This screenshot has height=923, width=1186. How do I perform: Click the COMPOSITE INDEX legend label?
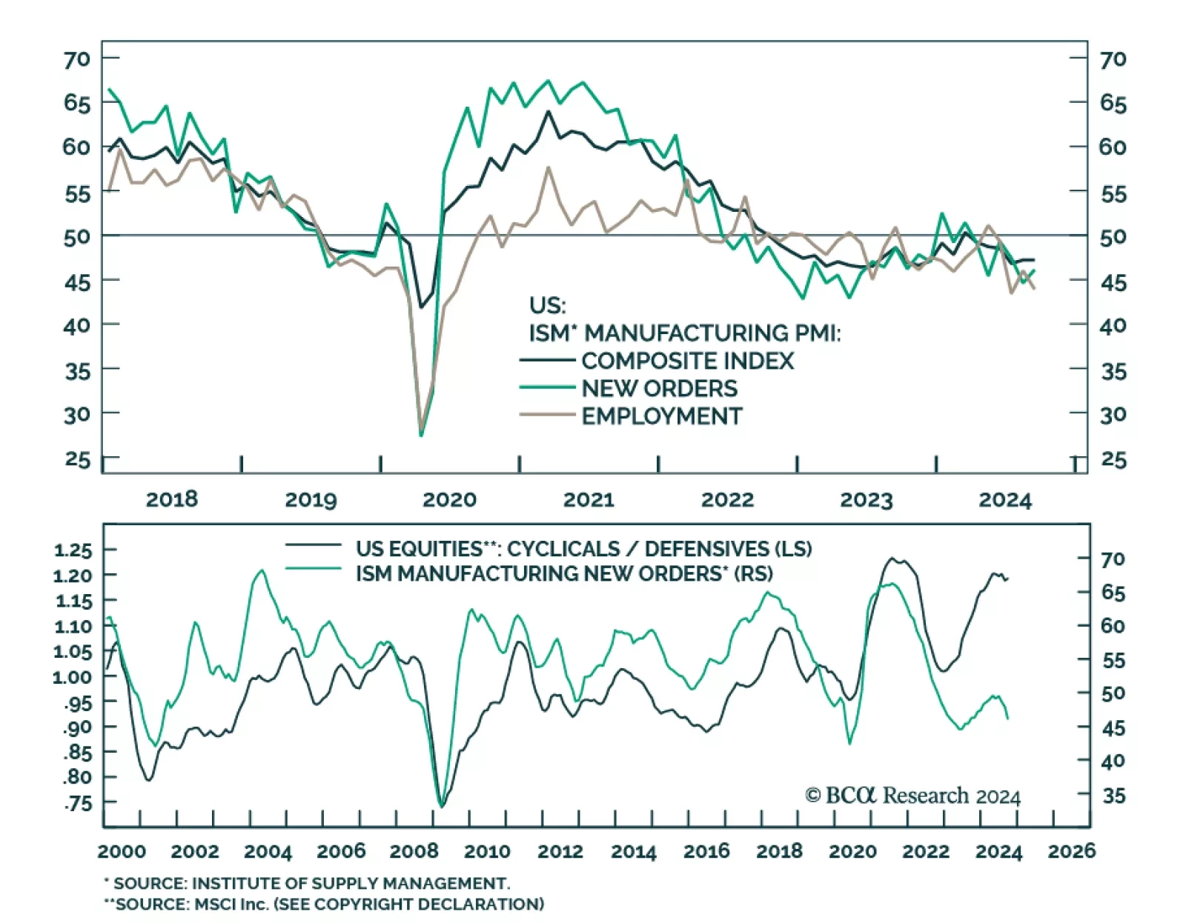coord(687,361)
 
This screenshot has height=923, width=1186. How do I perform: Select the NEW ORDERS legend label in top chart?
coord(659,388)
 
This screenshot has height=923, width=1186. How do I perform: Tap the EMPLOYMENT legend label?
coord(661,416)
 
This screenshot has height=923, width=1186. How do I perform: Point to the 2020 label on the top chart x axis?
coord(449,499)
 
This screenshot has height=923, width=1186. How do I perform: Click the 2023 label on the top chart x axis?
coord(866,499)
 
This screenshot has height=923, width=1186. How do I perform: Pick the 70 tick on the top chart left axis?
coord(76,59)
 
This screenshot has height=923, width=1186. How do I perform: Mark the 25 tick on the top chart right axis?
coord(1113,460)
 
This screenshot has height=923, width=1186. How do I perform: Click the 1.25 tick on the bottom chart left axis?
coord(73,550)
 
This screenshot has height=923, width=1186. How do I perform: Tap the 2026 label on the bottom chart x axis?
coord(1071,851)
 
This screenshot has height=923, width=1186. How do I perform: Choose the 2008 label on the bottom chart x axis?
coord(414,851)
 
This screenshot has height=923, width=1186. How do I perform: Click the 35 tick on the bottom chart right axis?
coord(1113,796)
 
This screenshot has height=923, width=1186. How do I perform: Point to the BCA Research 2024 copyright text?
coord(912,796)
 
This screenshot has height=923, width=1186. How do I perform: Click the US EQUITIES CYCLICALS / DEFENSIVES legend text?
coord(583,549)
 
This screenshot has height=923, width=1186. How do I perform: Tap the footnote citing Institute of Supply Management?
coord(307,884)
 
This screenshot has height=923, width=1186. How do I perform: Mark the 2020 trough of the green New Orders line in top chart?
coord(421,435)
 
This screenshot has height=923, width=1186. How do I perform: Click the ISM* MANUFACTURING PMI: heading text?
coord(685,333)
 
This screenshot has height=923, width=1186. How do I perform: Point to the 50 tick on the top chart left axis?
coord(76,236)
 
